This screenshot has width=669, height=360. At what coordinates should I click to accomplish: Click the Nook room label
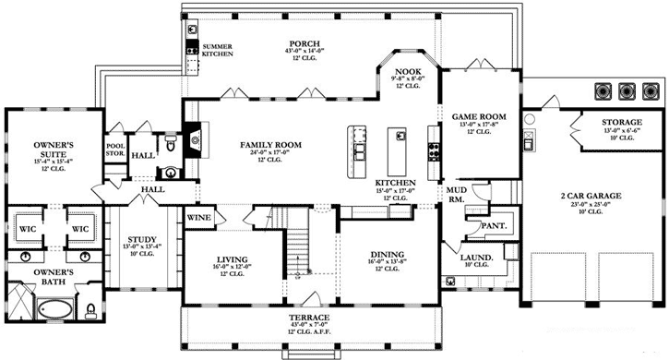[408, 71]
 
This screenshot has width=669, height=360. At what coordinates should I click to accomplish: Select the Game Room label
[474, 117]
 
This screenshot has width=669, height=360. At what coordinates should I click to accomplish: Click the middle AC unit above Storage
[627, 90]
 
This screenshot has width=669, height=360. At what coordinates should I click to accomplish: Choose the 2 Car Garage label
[590, 197]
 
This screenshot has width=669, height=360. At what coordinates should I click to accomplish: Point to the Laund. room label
[478, 258]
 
